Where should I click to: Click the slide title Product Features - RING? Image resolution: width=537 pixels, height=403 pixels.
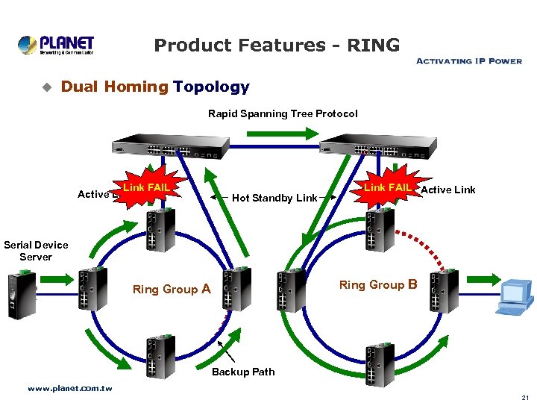(x=277, y=46)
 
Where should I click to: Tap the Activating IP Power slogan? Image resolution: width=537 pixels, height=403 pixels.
(x=468, y=61)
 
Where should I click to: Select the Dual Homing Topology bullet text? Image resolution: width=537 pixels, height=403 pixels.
(x=155, y=87)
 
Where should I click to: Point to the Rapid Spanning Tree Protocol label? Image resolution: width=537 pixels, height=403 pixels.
(x=283, y=113)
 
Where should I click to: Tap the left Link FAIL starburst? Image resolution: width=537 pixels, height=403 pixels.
(x=146, y=188)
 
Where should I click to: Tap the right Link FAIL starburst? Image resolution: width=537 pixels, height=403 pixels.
(x=387, y=188)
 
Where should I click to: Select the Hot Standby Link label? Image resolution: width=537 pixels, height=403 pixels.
(x=274, y=198)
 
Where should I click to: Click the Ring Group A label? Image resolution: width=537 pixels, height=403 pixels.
(x=171, y=289)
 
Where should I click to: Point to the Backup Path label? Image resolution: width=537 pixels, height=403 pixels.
(x=243, y=372)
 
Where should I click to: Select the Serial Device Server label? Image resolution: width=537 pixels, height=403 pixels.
(x=36, y=251)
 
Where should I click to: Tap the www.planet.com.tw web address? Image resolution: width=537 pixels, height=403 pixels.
(x=69, y=389)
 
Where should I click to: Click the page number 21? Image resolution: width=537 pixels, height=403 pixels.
(x=525, y=398)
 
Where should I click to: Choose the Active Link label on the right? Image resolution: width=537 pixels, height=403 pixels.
(x=448, y=190)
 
